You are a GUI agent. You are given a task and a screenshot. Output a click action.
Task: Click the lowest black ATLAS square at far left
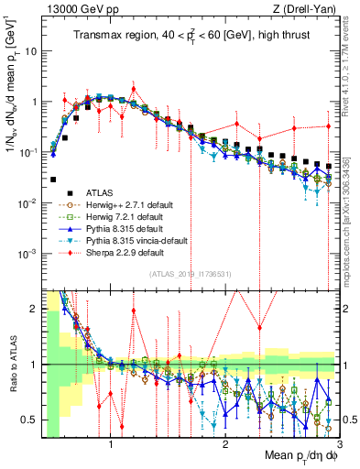point(53,180)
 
